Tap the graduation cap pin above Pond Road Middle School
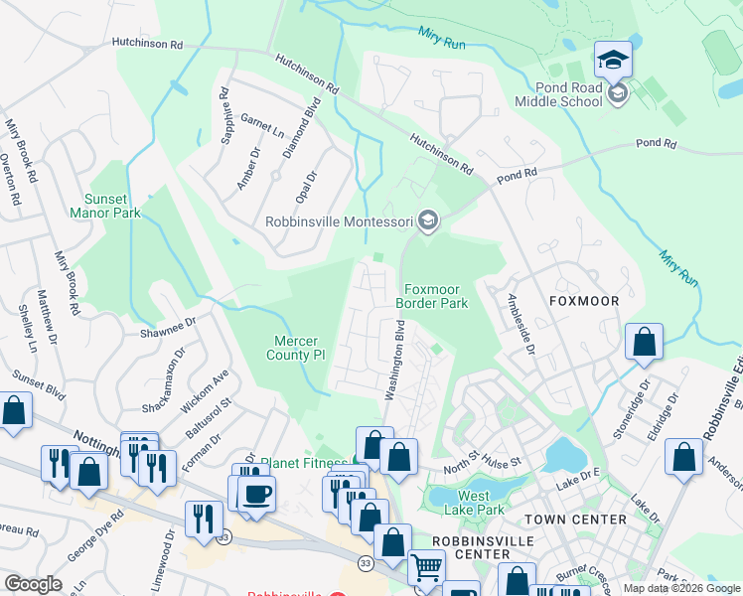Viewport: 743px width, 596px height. click(x=613, y=61)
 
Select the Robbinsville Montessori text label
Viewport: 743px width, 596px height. click(x=339, y=222)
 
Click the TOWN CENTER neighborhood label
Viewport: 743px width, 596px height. click(x=575, y=520)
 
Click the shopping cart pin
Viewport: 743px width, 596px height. click(x=427, y=569)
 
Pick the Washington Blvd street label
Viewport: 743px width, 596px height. click(x=394, y=360)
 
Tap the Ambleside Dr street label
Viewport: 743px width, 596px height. click(x=521, y=324)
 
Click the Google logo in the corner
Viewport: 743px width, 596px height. click(x=33, y=584)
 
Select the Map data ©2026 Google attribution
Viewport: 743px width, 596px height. click(x=680, y=588)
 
